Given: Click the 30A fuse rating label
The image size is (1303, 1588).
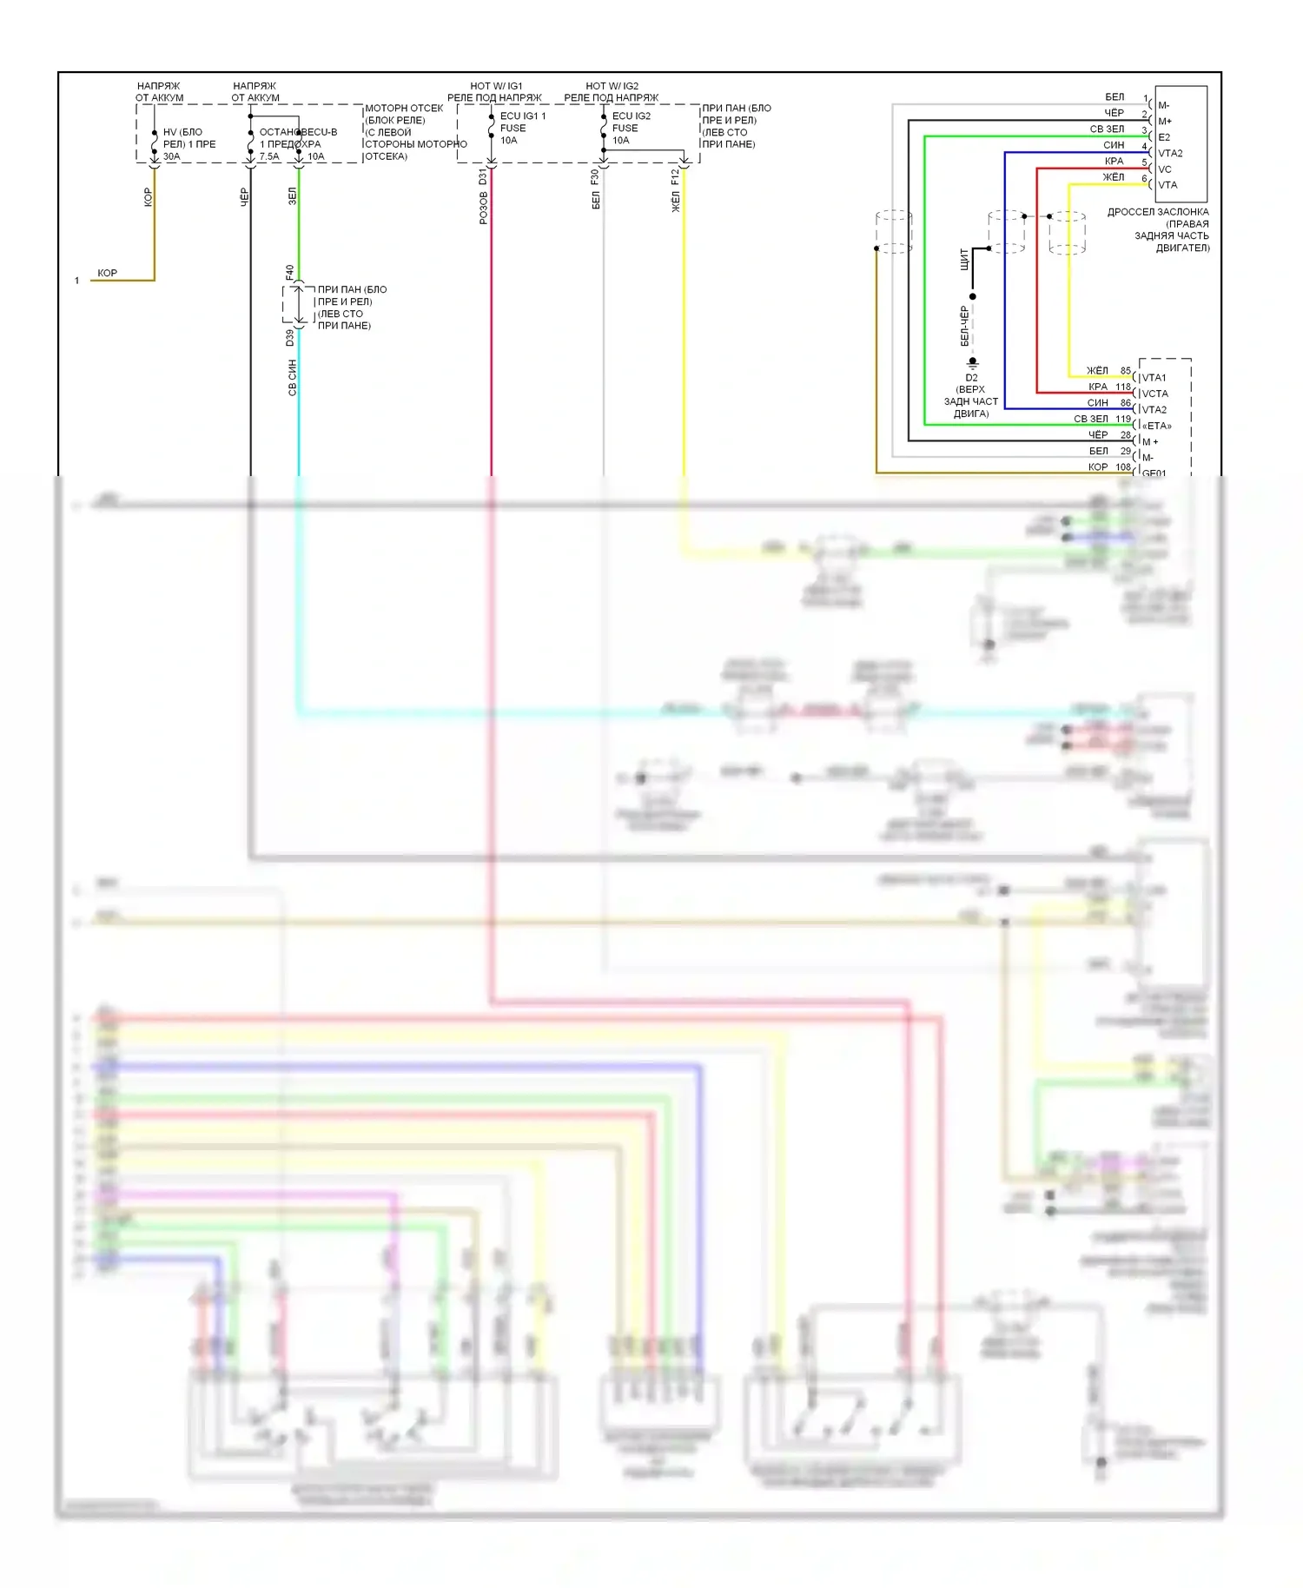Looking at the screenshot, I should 171,157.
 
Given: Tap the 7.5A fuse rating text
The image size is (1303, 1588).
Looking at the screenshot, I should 269,157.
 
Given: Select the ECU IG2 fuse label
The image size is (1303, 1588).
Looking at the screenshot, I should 631,116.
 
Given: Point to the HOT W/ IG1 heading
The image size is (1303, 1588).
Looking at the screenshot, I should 496,86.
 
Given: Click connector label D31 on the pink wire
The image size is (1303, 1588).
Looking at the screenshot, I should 483,177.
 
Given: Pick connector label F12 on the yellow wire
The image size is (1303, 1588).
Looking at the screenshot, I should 675,177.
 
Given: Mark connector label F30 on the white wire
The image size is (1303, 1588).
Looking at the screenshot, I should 595,177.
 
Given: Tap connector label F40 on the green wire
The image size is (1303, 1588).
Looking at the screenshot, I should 290,272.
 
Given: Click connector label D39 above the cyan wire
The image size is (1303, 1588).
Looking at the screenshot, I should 290,338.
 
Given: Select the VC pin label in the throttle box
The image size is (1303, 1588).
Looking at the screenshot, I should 1164,169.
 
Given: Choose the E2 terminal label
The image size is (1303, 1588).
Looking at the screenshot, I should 1164,137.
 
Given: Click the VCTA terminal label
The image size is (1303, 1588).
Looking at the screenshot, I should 1154,394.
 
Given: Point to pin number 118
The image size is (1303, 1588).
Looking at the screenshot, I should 1123,387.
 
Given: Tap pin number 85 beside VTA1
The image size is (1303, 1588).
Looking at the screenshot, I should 1125,371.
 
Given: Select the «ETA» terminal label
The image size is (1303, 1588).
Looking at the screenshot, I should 1156,426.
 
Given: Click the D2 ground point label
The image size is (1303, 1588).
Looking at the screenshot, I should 971,378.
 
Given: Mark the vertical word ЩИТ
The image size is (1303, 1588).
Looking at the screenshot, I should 964,259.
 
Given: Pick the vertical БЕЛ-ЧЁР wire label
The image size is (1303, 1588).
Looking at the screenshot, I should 964,326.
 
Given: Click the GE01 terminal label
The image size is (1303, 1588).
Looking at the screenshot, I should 1154,473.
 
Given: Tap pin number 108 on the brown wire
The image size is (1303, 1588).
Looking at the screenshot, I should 1123,467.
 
